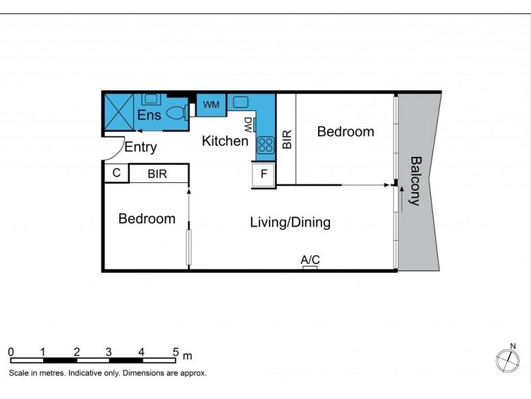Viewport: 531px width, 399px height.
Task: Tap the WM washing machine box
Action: click(x=211, y=104)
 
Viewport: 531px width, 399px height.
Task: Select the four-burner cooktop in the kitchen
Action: click(x=265, y=145)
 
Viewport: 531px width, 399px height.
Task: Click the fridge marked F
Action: click(x=264, y=174)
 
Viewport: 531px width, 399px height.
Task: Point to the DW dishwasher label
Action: click(x=248, y=125)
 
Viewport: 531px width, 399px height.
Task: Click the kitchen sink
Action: click(x=240, y=102)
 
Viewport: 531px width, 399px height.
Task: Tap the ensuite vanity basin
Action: click(x=149, y=98)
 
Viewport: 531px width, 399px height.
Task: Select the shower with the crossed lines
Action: click(x=119, y=112)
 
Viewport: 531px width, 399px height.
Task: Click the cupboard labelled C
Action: click(x=117, y=173)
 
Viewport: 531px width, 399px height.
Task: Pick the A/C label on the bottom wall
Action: click(x=310, y=260)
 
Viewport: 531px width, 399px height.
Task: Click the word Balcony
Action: click(x=416, y=181)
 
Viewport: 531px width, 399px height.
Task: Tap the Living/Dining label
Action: click(x=290, y=222)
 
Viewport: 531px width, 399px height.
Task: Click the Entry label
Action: click(x=141, y=147)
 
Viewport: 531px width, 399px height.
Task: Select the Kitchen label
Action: click(x=225, y=141)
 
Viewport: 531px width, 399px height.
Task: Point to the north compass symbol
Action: click(x=508, y=358)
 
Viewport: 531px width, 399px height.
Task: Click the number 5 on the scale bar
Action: click(x=175, y=352)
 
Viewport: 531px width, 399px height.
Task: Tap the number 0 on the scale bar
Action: click(x=11, y=352)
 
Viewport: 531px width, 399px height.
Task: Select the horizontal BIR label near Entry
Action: click(x=157, y=174)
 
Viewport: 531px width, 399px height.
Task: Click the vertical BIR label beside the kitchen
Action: click(x=287, y=139)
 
